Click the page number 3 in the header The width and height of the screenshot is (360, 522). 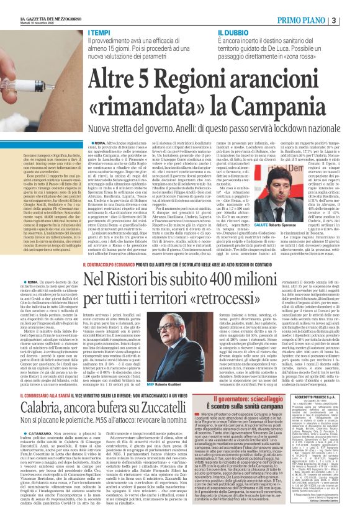(351, 19)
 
